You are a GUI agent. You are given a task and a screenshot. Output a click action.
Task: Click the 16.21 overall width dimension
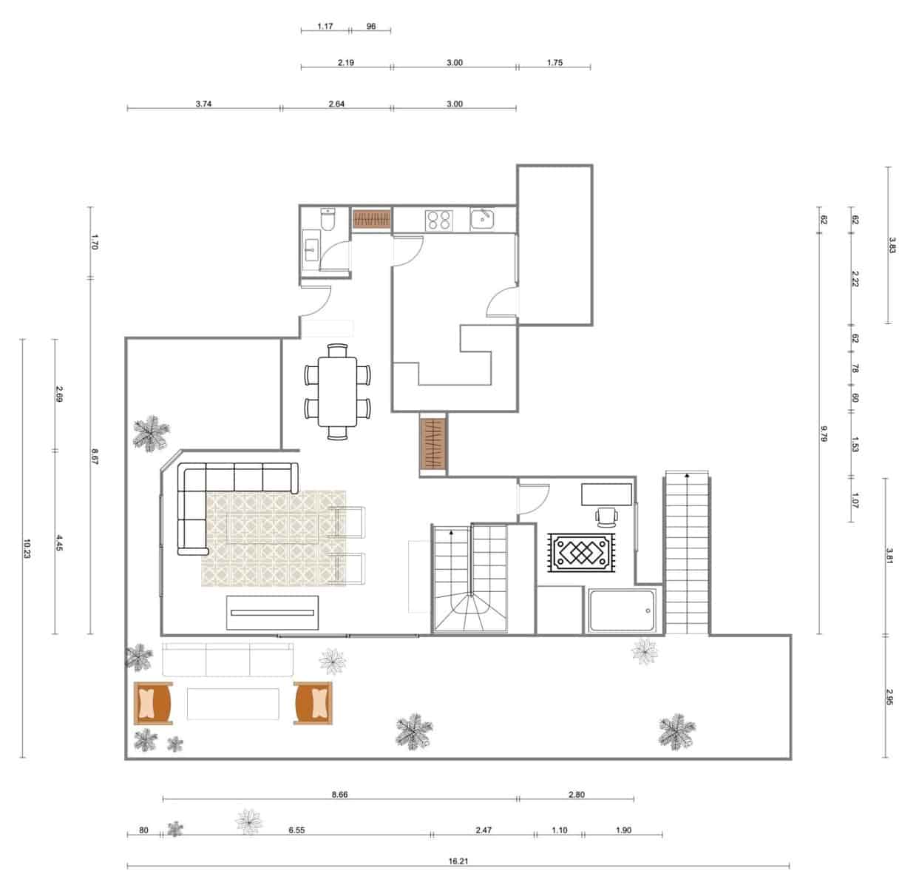point(458,861)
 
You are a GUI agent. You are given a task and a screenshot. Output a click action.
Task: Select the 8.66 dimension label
point(339,795)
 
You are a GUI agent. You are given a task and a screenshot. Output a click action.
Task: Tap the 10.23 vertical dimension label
point(27,548)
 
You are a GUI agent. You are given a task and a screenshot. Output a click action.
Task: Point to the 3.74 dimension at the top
point(204,104)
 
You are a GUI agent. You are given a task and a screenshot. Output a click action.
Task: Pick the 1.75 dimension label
point(555,63)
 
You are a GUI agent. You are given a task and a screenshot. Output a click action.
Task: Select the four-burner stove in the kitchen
point(438,220)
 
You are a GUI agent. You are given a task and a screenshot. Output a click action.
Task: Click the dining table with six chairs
point(337,391)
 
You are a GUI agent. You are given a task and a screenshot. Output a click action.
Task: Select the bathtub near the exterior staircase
point(622,610)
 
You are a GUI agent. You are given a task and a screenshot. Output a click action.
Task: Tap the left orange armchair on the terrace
point(153,703)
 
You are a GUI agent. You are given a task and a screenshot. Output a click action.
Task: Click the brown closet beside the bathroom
point(371,219)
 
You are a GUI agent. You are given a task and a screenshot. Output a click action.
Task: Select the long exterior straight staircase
point(688,554)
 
